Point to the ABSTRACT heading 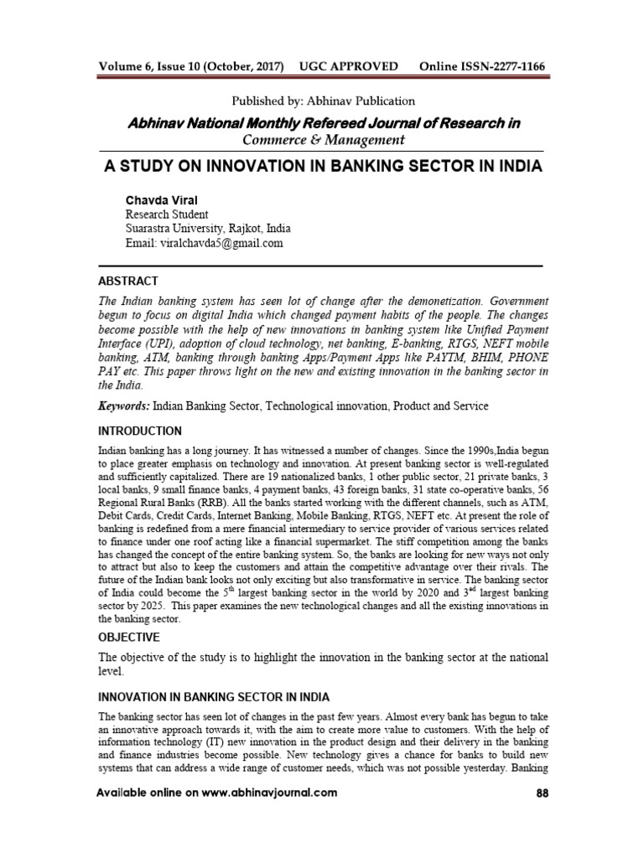click(x=127, y=281)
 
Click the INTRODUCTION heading click(x=139, y=432)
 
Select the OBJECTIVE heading click(x=131, y=637)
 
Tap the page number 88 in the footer click(x=540, y=793)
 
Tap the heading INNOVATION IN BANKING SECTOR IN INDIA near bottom click(x=214, y=697)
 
